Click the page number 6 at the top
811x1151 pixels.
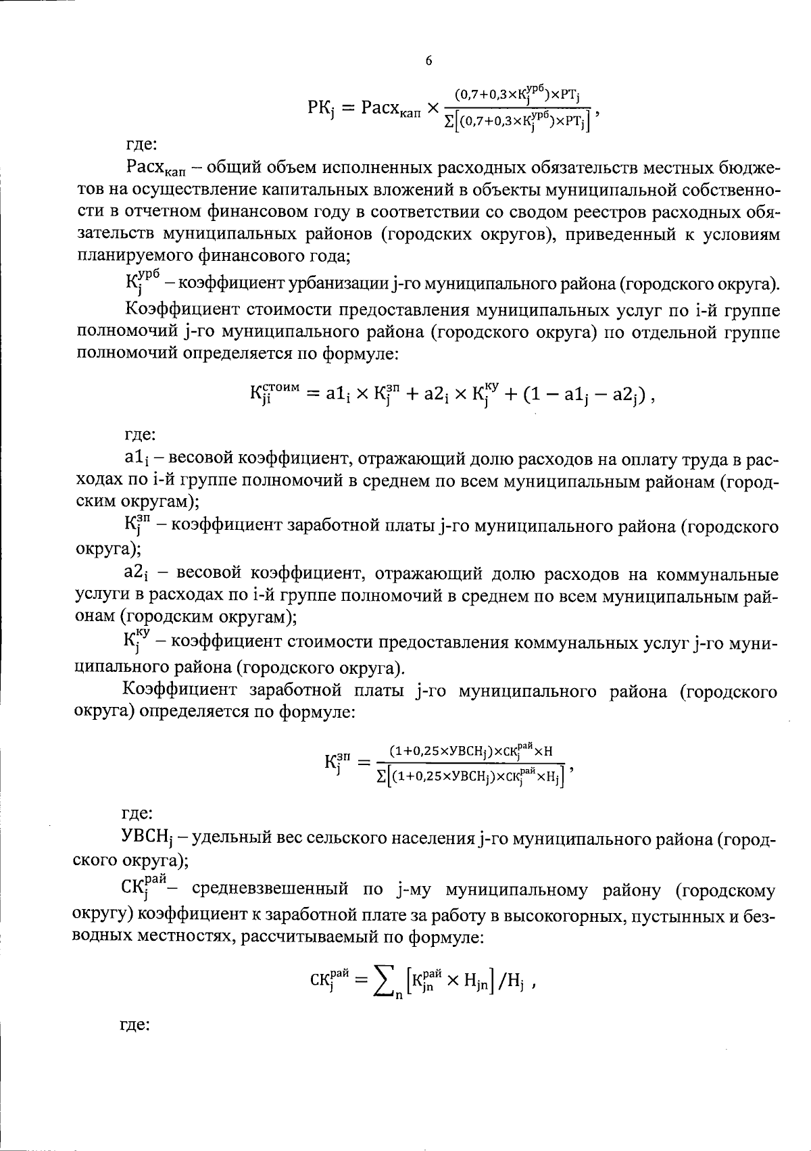tap(428, 61)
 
